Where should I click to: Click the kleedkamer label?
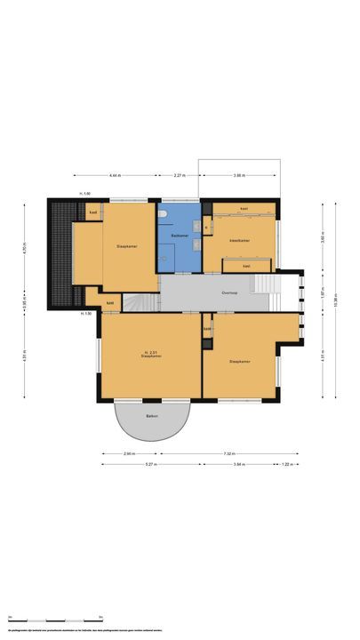coord(239,240)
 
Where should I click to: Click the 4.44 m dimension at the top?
coord(116,176)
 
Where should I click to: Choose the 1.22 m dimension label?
coord(288,464)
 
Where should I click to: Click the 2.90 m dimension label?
coord(130,453)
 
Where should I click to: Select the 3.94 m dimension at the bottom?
coord(238,464)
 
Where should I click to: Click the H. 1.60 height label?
coord(85,193)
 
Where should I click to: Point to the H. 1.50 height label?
coord(86,314)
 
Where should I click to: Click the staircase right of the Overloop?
coord(264,284)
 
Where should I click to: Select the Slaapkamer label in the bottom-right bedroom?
coord(240,362)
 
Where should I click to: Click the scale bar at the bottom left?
coord(53,619)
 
